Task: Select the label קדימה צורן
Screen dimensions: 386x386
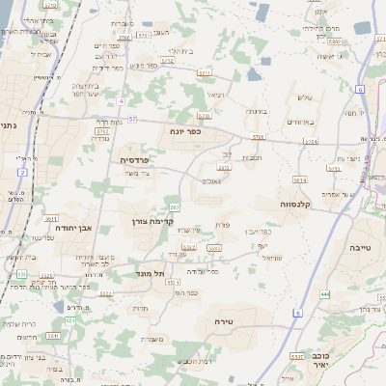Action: pos(175,222)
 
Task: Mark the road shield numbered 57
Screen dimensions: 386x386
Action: pos(131,119)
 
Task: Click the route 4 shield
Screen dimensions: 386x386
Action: pos(121,100)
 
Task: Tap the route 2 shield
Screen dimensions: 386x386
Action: pos(21,172)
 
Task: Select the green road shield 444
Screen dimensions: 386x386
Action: pos(325,293)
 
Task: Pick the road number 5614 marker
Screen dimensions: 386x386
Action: pos(299,179)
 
